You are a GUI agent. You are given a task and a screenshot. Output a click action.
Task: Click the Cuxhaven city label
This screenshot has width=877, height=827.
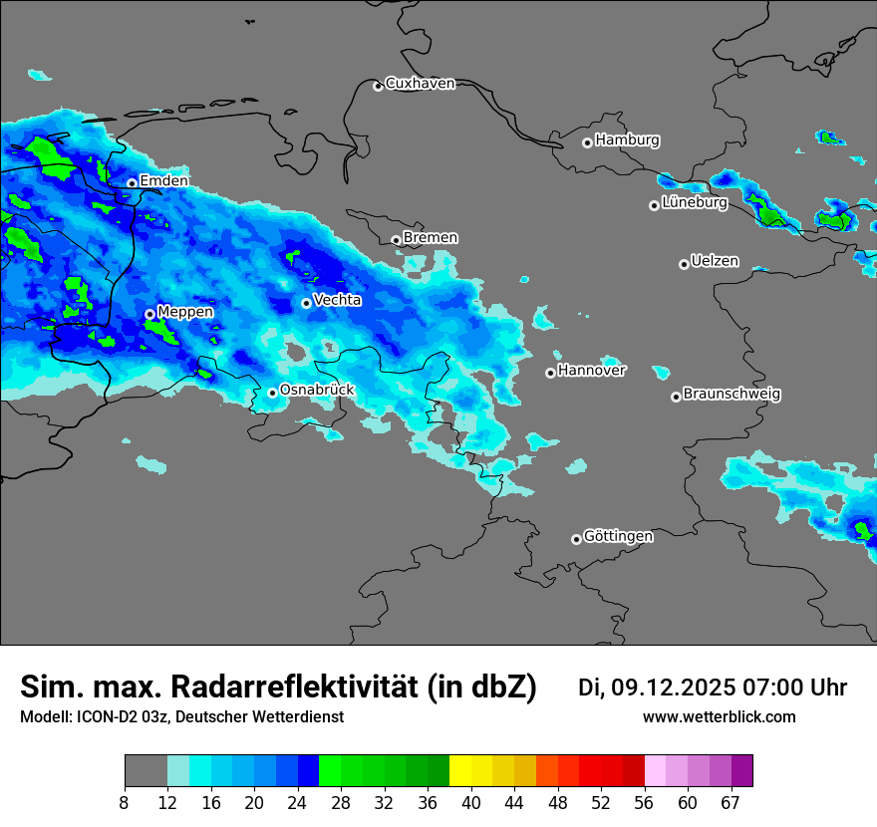(x=420, y=84)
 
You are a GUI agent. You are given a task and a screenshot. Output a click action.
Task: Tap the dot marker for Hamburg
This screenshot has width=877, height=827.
(x=587, y=142)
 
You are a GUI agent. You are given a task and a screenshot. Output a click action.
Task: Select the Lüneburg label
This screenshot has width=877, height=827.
(x=694, y=202)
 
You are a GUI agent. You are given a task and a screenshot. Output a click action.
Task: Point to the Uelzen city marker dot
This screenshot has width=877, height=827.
(x=684, y=264)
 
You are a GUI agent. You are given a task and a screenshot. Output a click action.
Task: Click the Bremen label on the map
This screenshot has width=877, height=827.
(x=431, y=238)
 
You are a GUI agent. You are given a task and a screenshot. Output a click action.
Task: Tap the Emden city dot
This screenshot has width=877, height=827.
(x=132, y=183)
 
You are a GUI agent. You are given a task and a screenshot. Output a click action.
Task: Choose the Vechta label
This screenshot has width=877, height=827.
(x=337, y=300)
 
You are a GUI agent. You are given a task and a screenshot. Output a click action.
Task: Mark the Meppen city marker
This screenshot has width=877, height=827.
(x=149, y=314)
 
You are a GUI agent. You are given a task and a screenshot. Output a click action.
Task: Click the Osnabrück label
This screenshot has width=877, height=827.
(x=317, y=390)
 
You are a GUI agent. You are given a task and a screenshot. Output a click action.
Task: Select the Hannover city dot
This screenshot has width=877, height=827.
(x=550, y=373)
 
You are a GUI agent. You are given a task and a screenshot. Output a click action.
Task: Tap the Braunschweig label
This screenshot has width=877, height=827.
(x=731, y=395)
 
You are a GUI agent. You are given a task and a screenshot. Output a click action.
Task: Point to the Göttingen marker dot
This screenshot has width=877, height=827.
(x=576, y=539)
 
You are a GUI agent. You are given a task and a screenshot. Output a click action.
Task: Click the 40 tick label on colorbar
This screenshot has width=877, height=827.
(x=470, y=803)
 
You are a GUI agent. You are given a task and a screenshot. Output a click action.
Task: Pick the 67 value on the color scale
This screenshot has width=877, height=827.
(x=731, y=803)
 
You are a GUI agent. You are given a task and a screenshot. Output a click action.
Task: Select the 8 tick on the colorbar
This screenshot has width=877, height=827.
(x=125, y=803)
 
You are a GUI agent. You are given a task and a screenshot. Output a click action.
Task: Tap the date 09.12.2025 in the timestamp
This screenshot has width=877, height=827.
(x=673, y=688)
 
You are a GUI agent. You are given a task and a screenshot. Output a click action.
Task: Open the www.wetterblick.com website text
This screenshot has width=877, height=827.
(x=719, y=717)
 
